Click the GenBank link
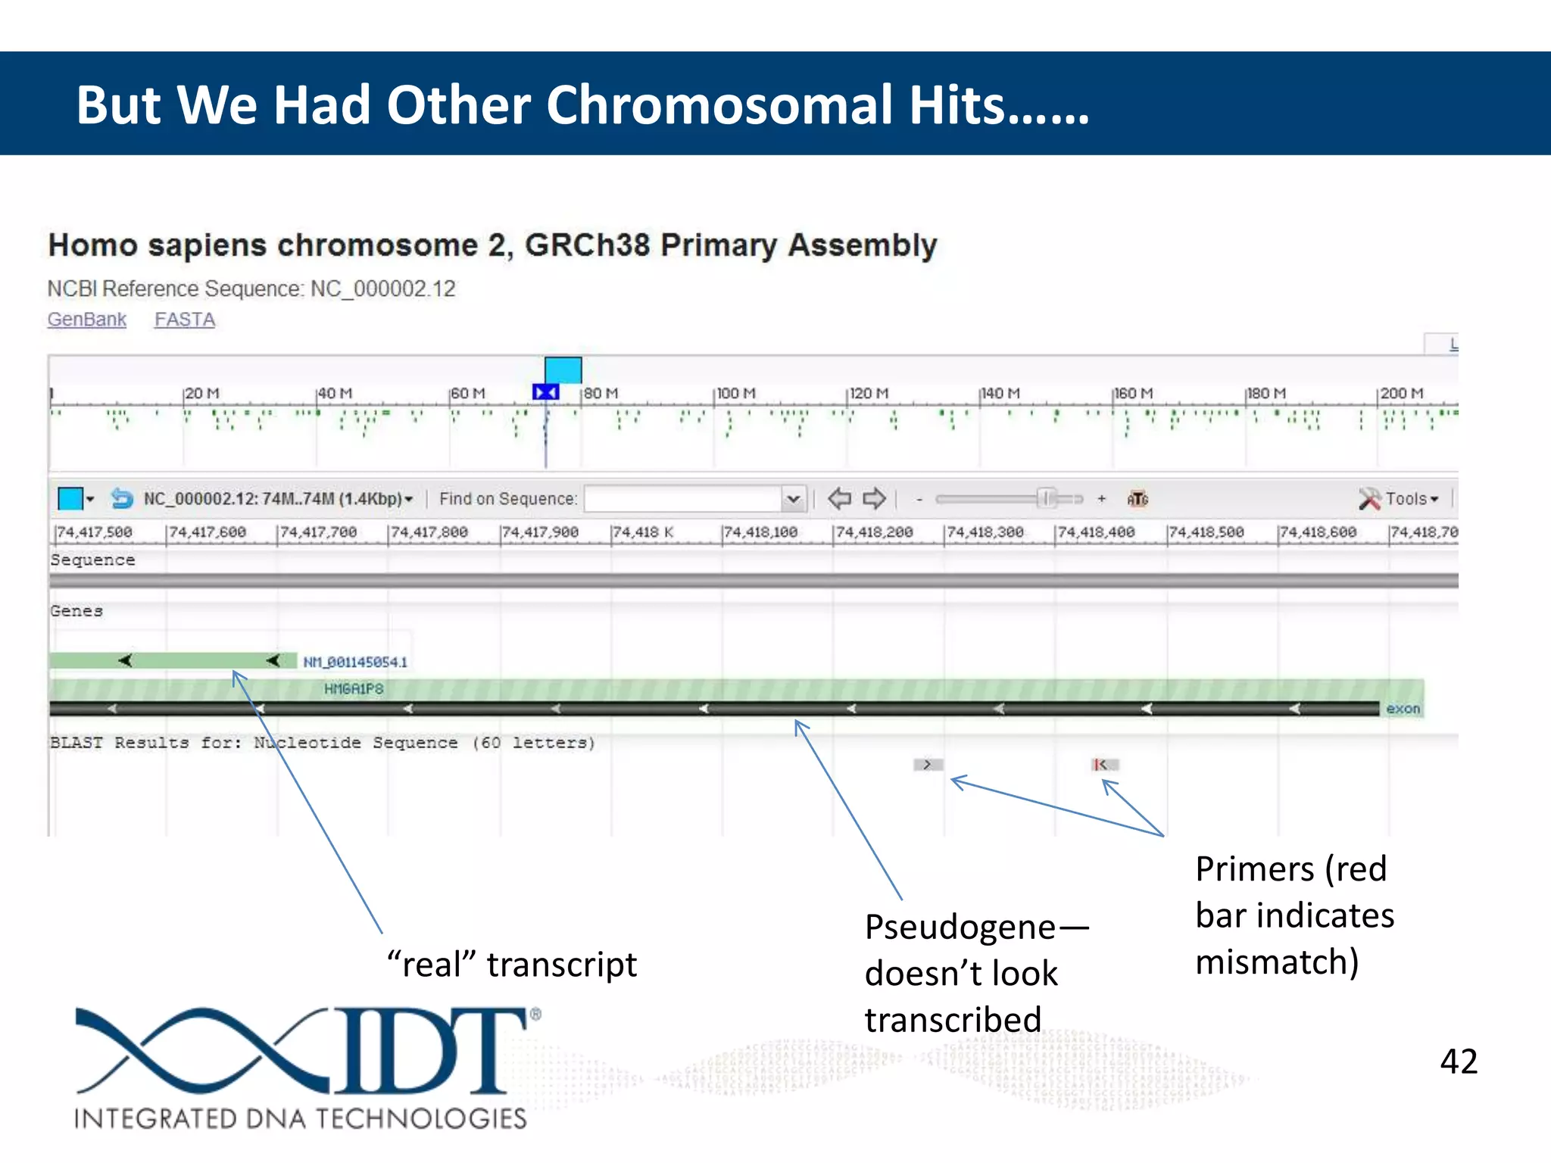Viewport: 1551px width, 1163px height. [86, 320]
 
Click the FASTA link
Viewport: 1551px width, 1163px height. [185, 320]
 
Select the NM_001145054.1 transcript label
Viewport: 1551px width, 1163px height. [355, 662]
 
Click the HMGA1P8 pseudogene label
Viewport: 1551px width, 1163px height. [354, 688]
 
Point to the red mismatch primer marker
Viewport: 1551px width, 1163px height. [1103, 765]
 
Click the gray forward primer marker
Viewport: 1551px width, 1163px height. [928, 765]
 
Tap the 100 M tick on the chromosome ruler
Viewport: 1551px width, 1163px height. [735, 394]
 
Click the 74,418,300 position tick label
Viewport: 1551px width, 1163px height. [985, 532]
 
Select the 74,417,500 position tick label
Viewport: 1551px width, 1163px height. [94, 532]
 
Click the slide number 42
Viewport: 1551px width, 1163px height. [1458, 1061]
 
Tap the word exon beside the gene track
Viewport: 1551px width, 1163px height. [1403, 709]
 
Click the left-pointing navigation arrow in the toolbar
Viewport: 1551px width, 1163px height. [839, 498]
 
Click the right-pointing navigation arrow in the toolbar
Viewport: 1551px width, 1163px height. [875, 498]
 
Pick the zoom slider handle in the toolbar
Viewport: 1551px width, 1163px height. [1047, 498]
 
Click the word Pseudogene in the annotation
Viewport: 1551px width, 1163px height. [960, 927]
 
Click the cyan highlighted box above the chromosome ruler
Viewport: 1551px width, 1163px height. [563, 370]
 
